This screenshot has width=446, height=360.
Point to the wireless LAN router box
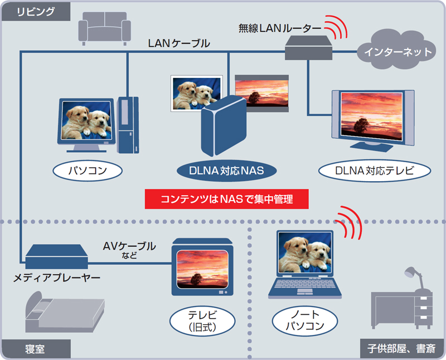coord(308,49)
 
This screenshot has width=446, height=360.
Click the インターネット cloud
coord(397,52)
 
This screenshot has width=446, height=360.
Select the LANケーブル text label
coord(179,43)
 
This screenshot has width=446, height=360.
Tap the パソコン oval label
coord(87,170)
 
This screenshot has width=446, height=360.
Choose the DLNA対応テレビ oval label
coord(375,170)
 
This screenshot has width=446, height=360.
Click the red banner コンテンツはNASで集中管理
coord(226,199)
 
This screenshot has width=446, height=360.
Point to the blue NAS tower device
coord(222,126)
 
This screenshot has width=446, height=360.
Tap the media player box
coord(56,255)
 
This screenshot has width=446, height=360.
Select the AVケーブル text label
coord(129,246)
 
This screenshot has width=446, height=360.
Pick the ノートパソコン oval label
coord(304,322)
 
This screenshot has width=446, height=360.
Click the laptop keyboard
coord(304,288)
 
